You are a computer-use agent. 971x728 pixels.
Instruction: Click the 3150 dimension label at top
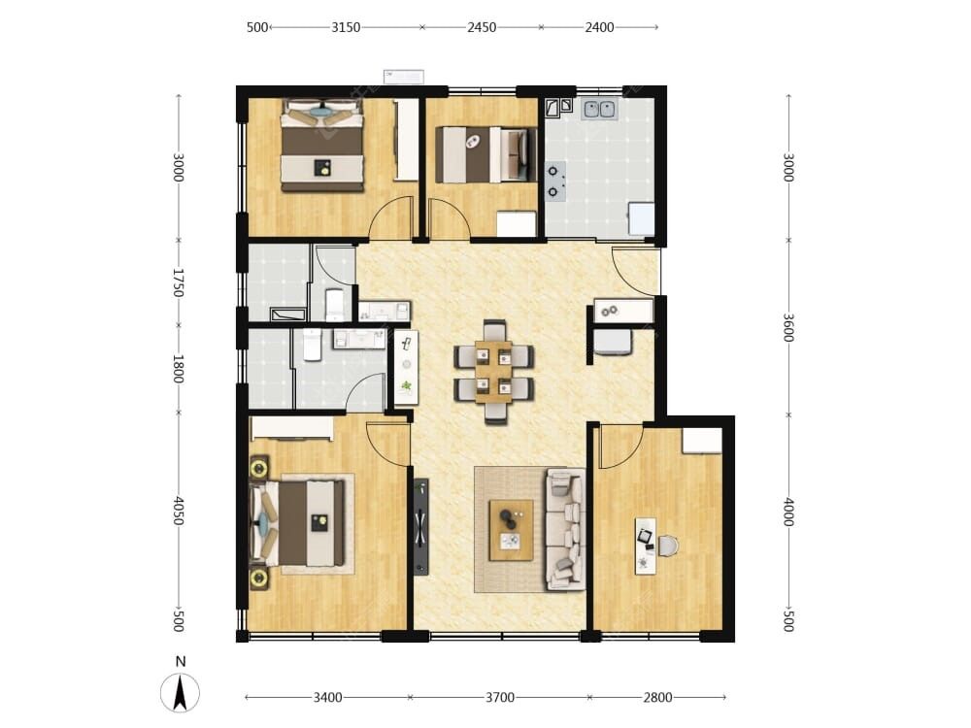(x=346, y=27)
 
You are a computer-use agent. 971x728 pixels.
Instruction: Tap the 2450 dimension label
(x=482, y=27)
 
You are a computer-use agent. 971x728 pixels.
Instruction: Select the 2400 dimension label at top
(x=599, y=27)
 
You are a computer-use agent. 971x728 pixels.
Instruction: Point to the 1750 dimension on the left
(x=179, y=282)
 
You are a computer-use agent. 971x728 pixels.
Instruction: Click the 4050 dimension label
(x=179, y=511)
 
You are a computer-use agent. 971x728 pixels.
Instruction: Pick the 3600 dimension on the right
(x=787, y=327)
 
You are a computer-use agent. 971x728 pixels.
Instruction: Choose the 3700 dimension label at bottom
(x=500, y=698)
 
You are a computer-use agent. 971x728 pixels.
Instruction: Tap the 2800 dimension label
(x=657, y=698)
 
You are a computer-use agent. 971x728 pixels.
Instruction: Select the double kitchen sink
(x=599, y=109)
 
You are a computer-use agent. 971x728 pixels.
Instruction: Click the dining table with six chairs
(x=493, y=372)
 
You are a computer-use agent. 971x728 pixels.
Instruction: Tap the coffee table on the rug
(x=512, y=530)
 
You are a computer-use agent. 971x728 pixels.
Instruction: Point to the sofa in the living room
(x=565, y=529)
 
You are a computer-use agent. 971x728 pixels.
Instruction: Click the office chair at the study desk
(x=668, y=546)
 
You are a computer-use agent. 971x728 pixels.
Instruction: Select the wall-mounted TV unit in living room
(x=421, y=527)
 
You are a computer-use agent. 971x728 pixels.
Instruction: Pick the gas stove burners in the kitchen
(x=553, y=181)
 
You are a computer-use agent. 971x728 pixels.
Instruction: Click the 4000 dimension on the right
(x=787, y=512)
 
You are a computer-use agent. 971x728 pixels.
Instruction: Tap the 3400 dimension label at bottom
(x=327, y=698)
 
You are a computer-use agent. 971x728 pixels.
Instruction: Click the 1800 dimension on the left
(x=179, y=368)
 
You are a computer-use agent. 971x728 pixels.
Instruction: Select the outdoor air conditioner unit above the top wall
(x=404, y=77)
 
